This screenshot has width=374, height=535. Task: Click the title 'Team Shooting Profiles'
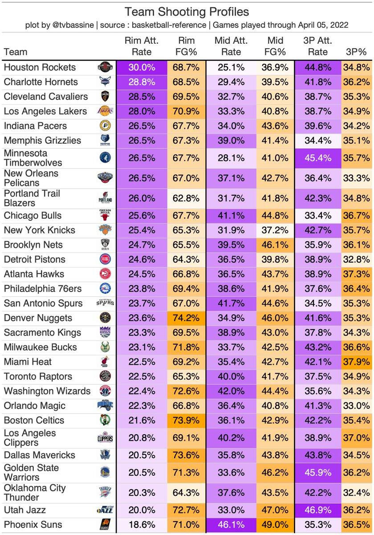tap(187, 12)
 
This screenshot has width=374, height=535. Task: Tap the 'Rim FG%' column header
tap(186, 46)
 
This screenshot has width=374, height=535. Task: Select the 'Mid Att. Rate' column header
tap(231, 46)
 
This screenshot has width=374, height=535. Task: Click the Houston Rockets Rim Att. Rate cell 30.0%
tap(142, 67)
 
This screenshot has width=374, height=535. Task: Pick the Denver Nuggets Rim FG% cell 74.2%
tap(186, 318)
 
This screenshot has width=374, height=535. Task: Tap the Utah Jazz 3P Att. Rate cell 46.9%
tap(318, 510)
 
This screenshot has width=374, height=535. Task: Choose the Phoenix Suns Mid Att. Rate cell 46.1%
tap(231, 524)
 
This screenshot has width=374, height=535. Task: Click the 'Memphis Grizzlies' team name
tap(42, 140)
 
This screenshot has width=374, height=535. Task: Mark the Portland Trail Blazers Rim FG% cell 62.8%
tap(186, 198)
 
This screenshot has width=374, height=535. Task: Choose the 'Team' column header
tap(15, 52)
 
